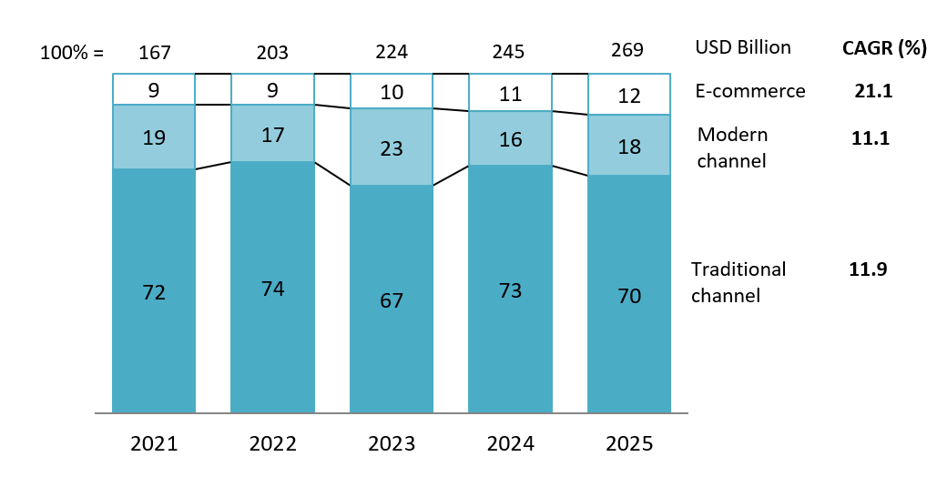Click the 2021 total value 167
(x=154, y=52)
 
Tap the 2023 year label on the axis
(x=391, y=444)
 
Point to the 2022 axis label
(x=272, y=444)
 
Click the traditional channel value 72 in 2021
(x=154, y=292)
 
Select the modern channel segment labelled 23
(x=391, y=147)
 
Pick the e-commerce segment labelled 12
(x=628, y=96)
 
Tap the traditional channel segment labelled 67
(x=391, y=300)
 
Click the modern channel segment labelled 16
(x=509, y=138)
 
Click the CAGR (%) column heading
(x=884, y=48)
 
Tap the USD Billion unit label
(x=743, y=47)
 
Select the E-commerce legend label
(x=750, y=91)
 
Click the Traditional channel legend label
(x=738, y=282)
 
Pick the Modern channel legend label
(x=732, y=147)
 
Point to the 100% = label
(x=72, y=53)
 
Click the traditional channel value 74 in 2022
(x=272, y=289)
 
